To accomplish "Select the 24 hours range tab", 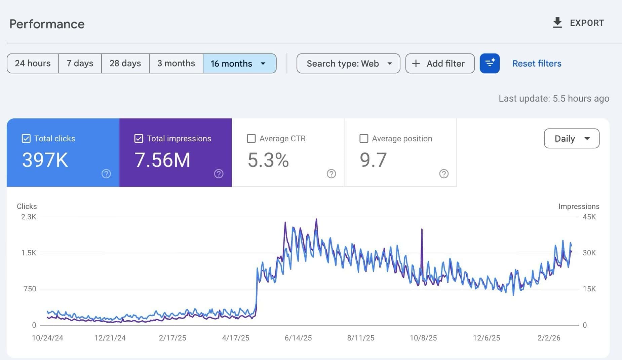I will [33, 63].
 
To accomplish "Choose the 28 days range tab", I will [125, 63].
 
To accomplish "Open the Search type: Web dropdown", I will [348, 63].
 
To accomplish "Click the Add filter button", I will [440, 63].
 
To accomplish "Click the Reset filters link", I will [537, 63].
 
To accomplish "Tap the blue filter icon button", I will [490, 63].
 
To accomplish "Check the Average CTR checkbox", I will [251, 139].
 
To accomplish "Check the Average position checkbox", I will [364, 139].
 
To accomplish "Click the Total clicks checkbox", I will [26, 139].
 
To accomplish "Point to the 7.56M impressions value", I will [162, 160].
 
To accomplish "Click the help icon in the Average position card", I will [444, 174].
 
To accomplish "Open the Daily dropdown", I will [572, 139].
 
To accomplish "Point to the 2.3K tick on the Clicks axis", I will [29, 217].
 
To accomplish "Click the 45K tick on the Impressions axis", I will [589, 217].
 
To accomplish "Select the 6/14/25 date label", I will [298, 338].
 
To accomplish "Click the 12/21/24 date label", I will [110, 338].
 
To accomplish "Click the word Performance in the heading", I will [47, 24].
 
